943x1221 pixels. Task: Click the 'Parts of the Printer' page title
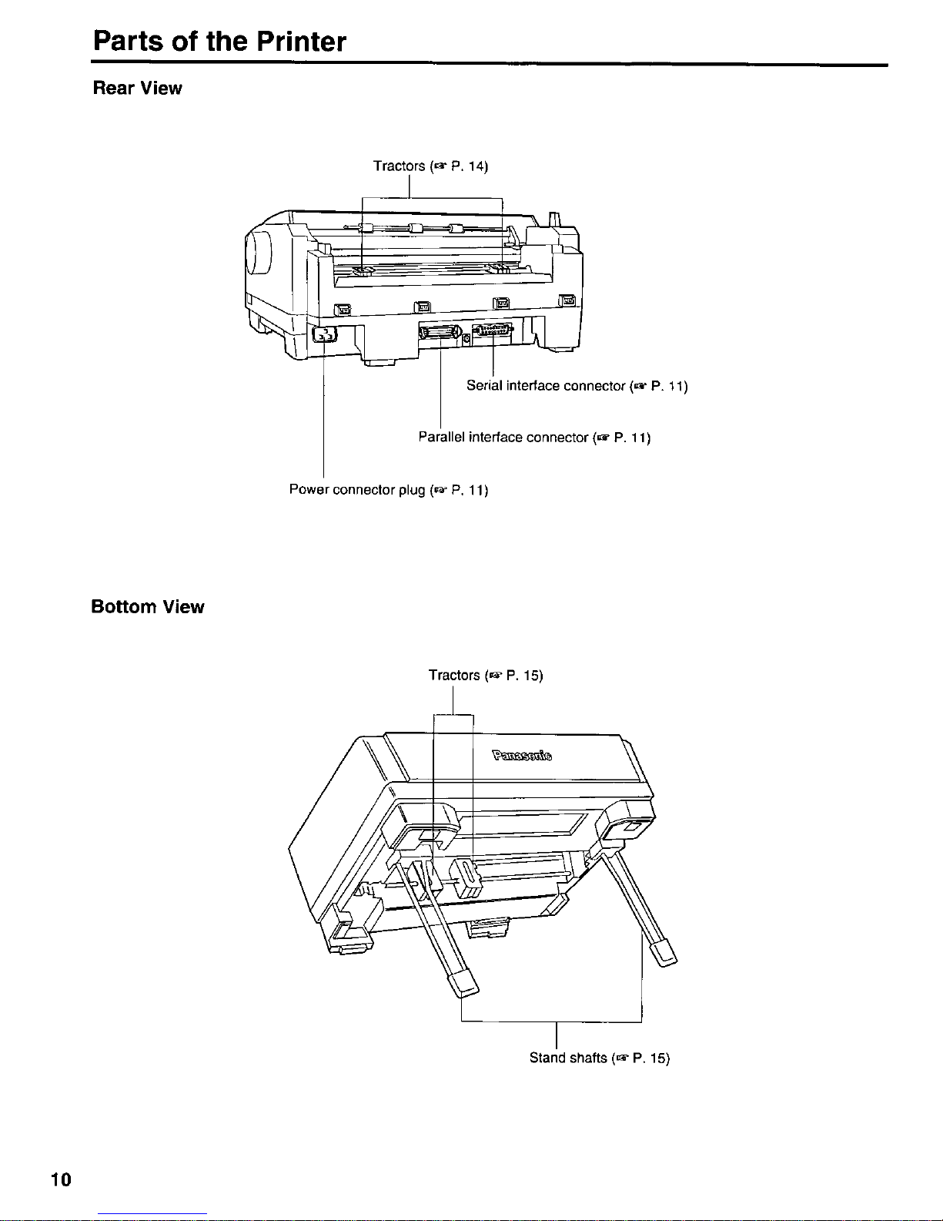click(219, 41)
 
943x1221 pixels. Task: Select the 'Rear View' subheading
click(138, 89)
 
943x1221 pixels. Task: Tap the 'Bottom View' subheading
click(148, 607)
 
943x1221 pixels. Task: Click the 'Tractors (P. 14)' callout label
click(430, 166)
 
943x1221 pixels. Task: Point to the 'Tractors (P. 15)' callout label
click(486, 675)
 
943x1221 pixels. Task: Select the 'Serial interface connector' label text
click(546, 386)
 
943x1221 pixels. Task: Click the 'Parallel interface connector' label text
click(503, 437)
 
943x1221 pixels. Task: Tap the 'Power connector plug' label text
click(357, 489)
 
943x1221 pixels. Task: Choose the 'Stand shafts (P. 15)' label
click(600, 1058)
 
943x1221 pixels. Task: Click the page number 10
click(61, 1179)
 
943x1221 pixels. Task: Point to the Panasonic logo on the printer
click(522, 755)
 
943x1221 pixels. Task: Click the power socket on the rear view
click(324, 335)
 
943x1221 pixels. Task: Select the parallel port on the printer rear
click(440, 333)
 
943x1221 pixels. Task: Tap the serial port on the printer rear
click(492, 330)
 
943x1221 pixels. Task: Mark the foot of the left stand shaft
click(463, 983)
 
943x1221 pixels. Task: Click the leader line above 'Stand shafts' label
click(557, 1035)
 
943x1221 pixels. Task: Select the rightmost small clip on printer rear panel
click(567, 300)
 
